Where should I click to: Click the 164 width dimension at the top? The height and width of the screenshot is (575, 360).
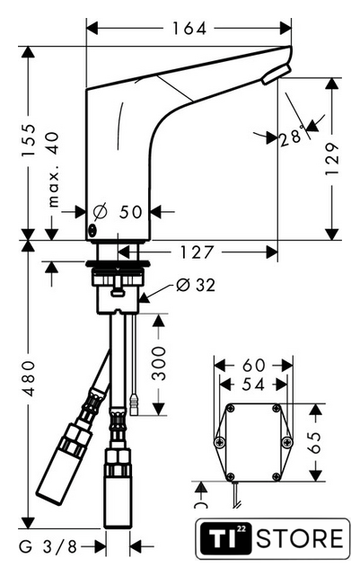[189, 28]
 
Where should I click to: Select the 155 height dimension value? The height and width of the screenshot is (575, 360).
[28, 140]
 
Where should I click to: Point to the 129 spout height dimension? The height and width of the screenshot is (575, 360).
[332, 159]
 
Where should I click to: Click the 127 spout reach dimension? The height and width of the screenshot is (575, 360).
[196, 252]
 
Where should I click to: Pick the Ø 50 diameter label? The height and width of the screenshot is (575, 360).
[118, 212]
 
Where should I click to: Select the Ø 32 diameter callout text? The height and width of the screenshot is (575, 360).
[196, 285]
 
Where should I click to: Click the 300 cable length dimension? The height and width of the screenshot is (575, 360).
[158, 363]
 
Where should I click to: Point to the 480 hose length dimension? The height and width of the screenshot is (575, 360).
[28, 379]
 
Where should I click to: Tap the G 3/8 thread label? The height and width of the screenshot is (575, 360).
[48, 547]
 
